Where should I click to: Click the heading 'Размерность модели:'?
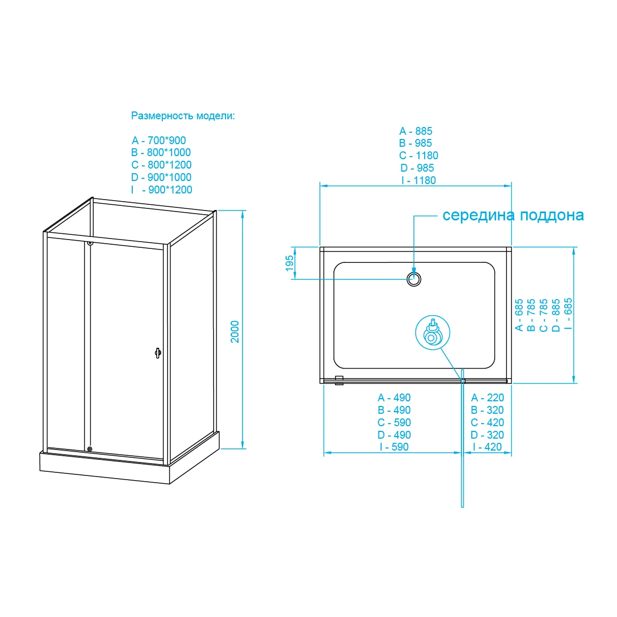click(x=183, y=116)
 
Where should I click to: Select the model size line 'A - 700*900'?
click(x=159, y=141)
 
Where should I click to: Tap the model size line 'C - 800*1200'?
click(x=161, y=165)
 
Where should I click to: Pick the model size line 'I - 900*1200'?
click(x=161, y=190)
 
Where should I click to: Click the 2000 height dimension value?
click(x=235, y=331)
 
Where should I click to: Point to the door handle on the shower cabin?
click(x=158, y=353)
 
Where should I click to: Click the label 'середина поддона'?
click(x=513, y=215)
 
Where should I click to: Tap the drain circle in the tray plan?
click(x=414, y=279)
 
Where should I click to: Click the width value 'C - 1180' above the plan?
click(x=418, y=156)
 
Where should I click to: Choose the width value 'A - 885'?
click(x=415, y=131)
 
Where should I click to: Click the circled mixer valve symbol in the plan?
click(x=432, y=333)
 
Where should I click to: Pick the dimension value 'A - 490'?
click(x=394, y=398)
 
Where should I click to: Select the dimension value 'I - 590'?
click(x=394, y=447)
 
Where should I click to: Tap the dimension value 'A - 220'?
click(x=487, y=398)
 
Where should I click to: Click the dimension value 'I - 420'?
click(x=487, y=447)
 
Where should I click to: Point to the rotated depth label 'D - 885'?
click(x=556, y=315)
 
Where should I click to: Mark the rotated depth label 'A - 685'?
click(x=519, y=315)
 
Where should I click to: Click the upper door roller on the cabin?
click(x=90, y=243)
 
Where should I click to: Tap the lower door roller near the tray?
click(x=90, y=449)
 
